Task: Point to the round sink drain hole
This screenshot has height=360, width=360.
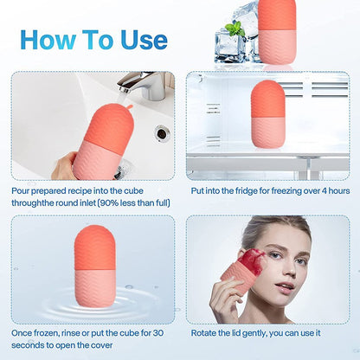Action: pyautogui.click(x=162, y=133)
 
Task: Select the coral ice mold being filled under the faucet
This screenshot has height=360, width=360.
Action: pyautogui.click(x=104, y=138)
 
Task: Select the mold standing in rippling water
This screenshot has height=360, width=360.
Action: pyautogui.click(x=95, y=264)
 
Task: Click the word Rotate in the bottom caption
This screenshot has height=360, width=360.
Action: pyautogui.click(x=202, y=332)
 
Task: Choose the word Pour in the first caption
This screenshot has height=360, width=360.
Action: pyautogui.click(x=22, y=190)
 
